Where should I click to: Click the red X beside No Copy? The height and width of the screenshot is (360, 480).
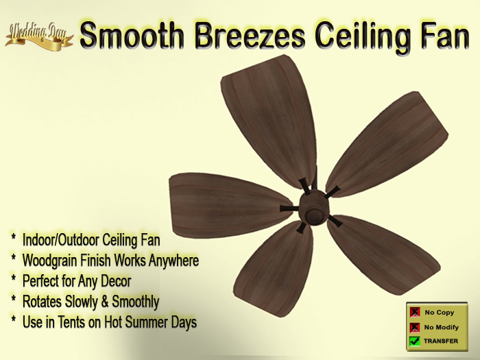point(414,313)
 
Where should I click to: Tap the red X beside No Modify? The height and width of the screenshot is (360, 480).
point(414,327)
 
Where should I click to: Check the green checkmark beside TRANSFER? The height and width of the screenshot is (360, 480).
point(414,341)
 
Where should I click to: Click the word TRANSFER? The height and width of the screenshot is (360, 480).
point(441,341)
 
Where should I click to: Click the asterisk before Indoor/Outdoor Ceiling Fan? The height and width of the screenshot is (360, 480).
point(13,239)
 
